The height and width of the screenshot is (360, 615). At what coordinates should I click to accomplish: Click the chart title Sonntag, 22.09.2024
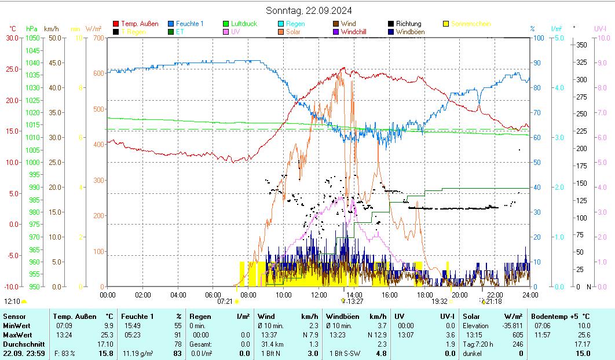pos(308,10)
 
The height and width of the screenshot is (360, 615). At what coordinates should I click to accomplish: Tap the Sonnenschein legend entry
pos(470,24)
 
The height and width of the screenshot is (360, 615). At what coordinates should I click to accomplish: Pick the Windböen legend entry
pos(410,32)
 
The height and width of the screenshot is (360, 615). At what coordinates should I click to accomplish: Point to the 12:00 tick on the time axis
pos(319,295)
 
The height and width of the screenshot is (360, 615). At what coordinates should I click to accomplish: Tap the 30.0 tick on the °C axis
pos(12,38)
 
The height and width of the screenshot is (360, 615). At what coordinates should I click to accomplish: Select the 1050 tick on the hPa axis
pos(32,38)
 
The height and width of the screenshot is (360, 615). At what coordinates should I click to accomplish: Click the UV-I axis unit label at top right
pos(601,28)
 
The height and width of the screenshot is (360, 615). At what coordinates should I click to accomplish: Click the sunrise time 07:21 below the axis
pos(225,302)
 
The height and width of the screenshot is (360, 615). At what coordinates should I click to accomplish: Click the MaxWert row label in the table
pos(17,335)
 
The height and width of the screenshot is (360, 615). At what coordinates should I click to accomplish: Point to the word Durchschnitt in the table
pos(21,344)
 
